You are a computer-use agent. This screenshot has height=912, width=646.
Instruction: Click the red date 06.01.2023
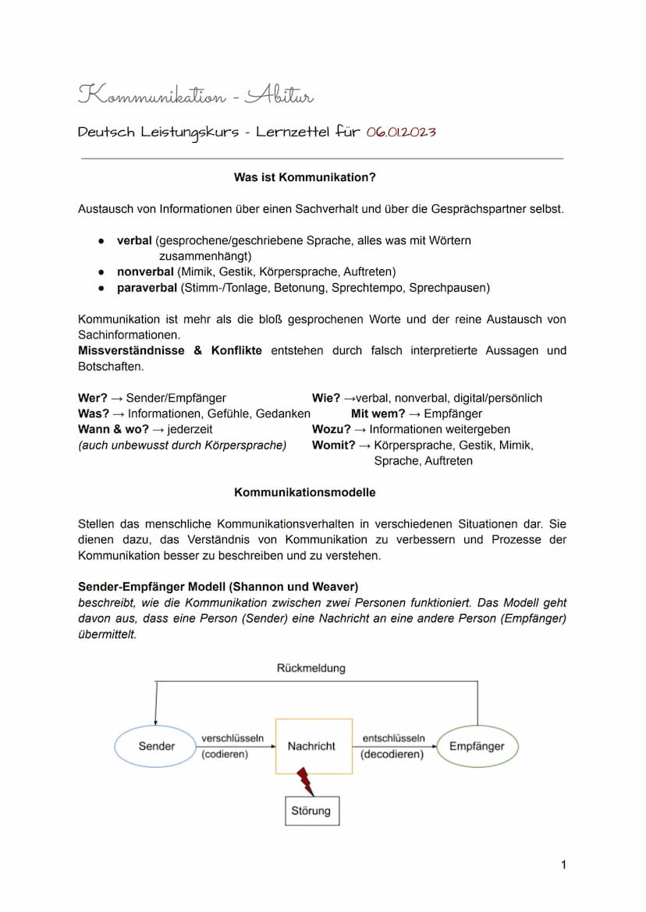click(x=400, y=131)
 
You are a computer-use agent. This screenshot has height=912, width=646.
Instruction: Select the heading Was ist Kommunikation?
click(x=304, y=178)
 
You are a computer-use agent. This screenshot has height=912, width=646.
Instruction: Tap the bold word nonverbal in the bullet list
click(x=146, y=271)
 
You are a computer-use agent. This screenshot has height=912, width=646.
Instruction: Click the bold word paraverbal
click(x=147, y=288)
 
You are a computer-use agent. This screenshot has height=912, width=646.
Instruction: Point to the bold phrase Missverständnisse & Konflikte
click(x=170, y=350)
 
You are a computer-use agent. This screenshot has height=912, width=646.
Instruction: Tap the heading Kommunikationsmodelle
click(x=304, y=492)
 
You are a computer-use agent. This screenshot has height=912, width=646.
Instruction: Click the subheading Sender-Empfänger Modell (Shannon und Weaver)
click(x=218, y=586)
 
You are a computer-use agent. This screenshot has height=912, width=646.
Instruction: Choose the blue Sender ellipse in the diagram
click(x=157, y=746)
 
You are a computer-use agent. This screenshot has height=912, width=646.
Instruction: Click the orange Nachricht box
click(x=312, y=746)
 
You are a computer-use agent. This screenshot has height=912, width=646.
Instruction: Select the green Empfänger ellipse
click(x=477, y=746)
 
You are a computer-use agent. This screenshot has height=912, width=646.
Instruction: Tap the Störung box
click(x=311, y=811)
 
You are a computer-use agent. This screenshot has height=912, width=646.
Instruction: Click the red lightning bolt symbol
click(x=305, y=780)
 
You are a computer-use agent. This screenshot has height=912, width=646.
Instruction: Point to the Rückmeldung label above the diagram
click(x=311, y=668)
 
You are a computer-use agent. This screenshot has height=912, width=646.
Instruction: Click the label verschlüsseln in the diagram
click(x=232, y=738)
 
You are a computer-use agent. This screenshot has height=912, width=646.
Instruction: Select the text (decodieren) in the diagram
click(x=392, y=754)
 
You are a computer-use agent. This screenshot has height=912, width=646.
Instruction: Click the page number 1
click(x=563, y=864)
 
